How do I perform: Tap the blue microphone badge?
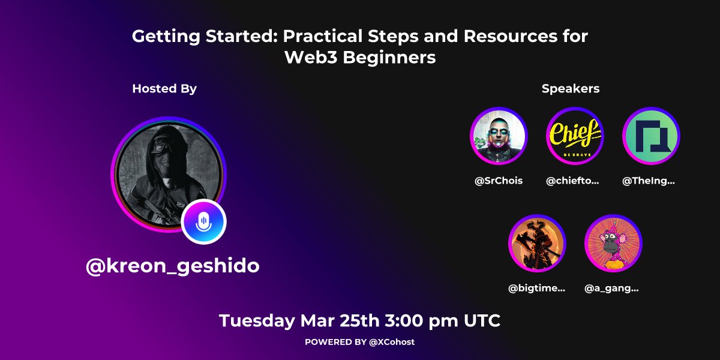click(204, 221)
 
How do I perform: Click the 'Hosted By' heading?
click(164, 89)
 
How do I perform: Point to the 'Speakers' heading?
click(571, 89)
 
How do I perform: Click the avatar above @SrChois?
click(498, 136)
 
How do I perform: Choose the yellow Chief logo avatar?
click(575, 136)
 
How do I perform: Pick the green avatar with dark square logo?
click(651, 136)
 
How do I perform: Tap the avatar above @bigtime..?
click(536, 244)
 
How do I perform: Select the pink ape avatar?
click(613, 244)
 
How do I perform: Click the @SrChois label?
click(499, 181)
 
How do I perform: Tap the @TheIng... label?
click(649, 181)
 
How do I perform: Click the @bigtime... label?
click(537, 289)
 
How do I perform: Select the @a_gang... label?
click(611, 289)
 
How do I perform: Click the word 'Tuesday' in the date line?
click(257, 320)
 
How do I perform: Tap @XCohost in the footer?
click(391, 342)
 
